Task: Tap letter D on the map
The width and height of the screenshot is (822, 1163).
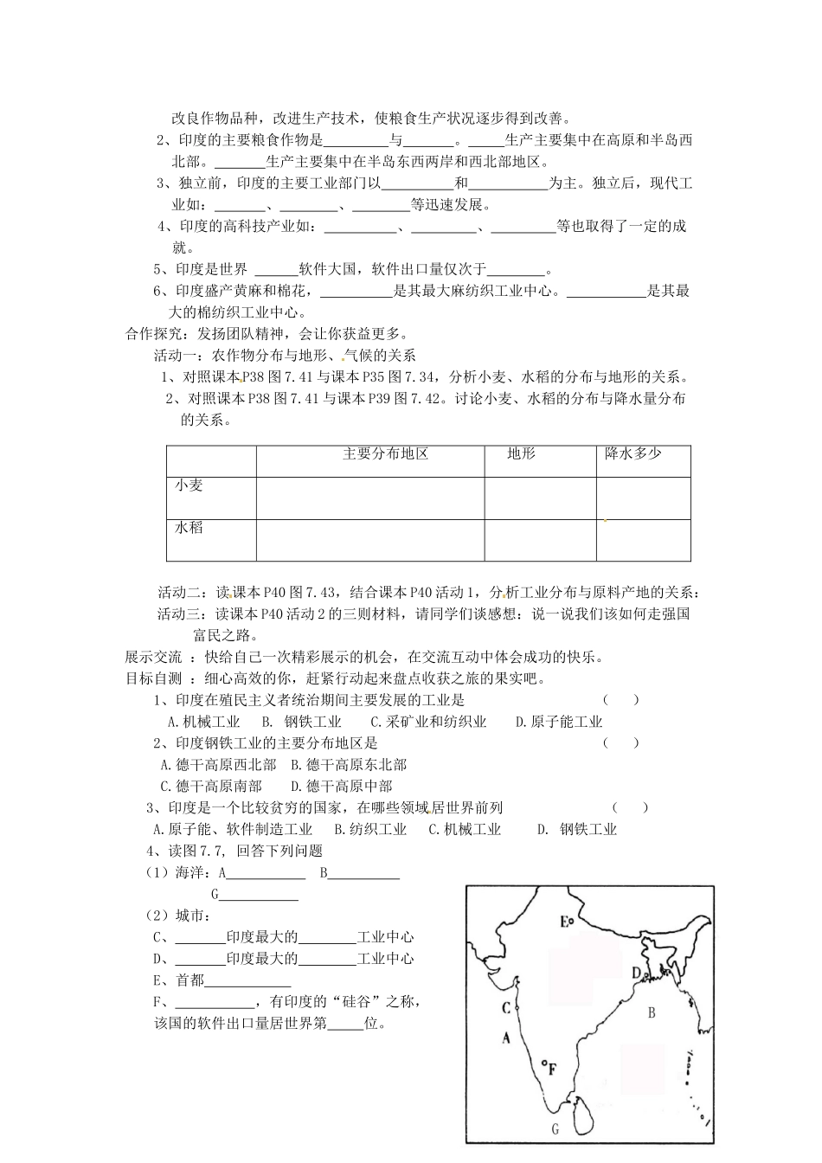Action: pyautogui.click(x=637, y=973)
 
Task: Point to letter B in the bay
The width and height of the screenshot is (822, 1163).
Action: pyautogui.click(x=652, y=1012)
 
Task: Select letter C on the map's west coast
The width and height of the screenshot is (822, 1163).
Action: pyautogui.click(x=506, y=1007)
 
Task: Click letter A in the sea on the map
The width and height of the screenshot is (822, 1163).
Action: pyautogui.click(x=506, y=1038)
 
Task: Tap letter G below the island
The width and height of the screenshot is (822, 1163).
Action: pyautogui.click(x=555, y=1128)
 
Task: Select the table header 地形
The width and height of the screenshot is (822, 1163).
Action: pyautogui.click(x=521, y=454)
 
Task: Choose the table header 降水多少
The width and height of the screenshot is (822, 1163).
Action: pyautogui.click(x=634, y=454)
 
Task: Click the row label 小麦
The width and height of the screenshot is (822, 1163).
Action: pyautogui.click(x=189, y=485)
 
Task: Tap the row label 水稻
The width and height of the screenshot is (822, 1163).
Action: pyautogui.click(x=189, y=527)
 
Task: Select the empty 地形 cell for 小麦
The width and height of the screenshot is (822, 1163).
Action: pyautogui.click(x=540, y=498)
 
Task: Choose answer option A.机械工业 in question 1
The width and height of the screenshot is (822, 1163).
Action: pyautogui.click(x=203, y=722)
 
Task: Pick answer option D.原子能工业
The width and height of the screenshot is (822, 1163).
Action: pyautogui.click(x=559, y=722)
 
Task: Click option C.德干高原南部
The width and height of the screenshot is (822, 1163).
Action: pyautogui.click(x=211, y=786)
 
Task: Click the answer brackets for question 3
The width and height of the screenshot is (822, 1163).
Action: pyautogui.click(x=630, y=807)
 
